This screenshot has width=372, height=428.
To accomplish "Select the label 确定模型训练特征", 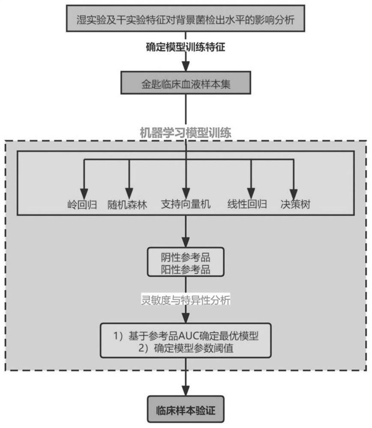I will (186, 48).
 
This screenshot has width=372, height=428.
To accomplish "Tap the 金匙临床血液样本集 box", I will (186, 83).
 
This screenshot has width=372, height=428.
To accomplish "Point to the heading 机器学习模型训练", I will (186, 133).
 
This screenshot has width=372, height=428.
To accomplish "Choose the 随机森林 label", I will (127, 204).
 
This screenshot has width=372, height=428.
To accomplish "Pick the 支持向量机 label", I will (186, 204).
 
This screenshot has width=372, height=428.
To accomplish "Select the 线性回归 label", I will (247, 204).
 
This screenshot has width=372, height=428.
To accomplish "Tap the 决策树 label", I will (295, 204).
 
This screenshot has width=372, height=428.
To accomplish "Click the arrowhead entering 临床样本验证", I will (186, 392).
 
